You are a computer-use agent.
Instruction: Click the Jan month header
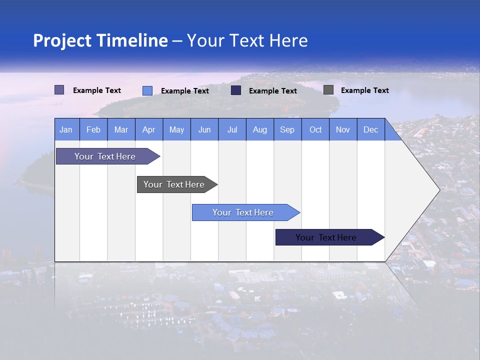(x=66, y=129)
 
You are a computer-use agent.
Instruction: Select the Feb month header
(x=93, y=129)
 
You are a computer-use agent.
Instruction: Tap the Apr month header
(x=149, y=129)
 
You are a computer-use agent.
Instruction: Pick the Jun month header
(x=204, y=129)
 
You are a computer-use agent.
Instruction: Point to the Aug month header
(x=260, y=129)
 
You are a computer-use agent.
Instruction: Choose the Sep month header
(x=287, y=129)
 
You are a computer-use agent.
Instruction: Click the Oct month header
(x=315, y=129)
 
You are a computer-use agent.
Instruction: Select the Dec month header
(x=371, y=129)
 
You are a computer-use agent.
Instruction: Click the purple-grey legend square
(x=59, y=90)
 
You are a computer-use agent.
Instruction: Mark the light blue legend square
(x=147, y=90)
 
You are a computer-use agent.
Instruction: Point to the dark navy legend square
(x=236, y=90)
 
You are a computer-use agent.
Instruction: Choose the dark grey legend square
(x=328, y=90)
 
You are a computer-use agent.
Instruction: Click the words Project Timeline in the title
(x=100, y=40)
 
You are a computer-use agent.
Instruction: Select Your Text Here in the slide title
(x=247, y=40)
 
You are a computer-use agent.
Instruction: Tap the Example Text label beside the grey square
(x=364, y=90)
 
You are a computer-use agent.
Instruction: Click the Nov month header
(x=343, y=129)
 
